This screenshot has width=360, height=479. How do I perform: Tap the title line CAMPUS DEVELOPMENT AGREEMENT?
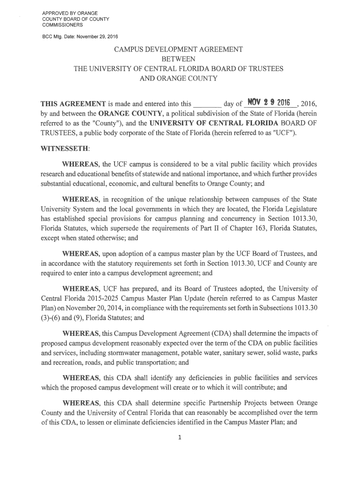pyautogui.click(x=179, y=49)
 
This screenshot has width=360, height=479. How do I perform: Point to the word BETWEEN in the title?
pyautogui.click(x=179, y=59)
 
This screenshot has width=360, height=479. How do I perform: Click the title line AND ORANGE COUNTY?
pyautogui.click(x=179, y=78)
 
